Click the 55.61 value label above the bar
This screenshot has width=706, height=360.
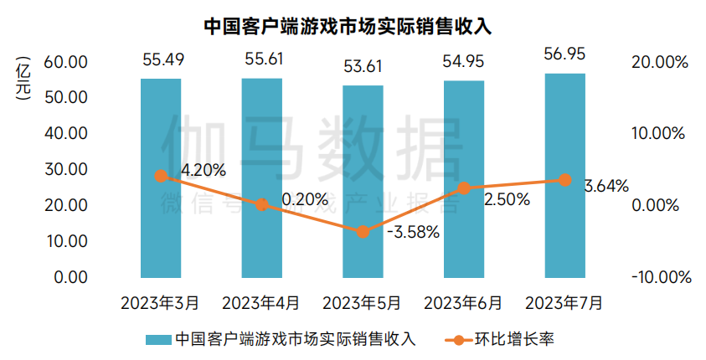pyautogui.click(x=262, y=59)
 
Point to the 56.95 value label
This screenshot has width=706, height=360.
pyautogui.click(x=565, y=54)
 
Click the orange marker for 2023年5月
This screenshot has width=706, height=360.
pyautogui.click(x=363, y=232)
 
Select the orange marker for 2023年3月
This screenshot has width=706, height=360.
pyautogui.click(x=161, y=176)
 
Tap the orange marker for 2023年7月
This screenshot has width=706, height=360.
pyautogui.click(x=565, y=180)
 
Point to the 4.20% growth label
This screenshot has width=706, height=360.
pyautogui.click(x=203, y=170)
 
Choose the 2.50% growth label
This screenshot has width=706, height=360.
pyautogui.click(x=506, y=199)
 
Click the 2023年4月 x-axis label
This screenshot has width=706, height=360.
pyautogui.click(x=261, y=301)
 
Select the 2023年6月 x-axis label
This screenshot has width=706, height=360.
pyautogui.click(x=464, y=301)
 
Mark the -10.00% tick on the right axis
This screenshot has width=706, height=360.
pyautogui.click(x=657, y=277)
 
